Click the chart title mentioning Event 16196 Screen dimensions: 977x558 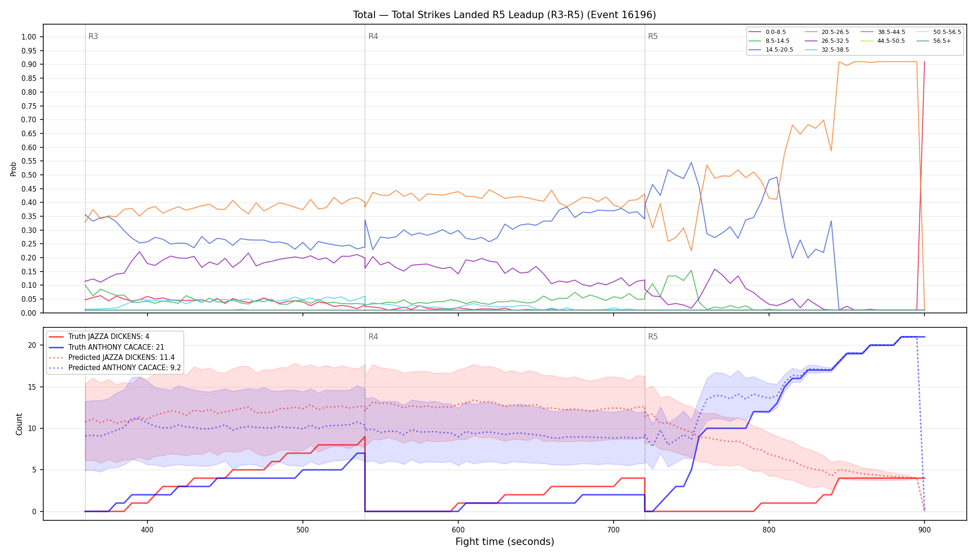point(504,15)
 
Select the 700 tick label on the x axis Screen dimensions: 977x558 point(614,530)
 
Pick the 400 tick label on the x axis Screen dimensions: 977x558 point(147,530)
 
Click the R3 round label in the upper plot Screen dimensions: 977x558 point(93,36)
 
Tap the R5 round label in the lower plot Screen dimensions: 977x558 point(653,337)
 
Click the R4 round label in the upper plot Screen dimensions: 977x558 point(373,36)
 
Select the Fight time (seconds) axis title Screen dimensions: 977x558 point(505,542)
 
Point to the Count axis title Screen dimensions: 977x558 point(19,424)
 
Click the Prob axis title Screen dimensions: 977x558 point(13,169)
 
